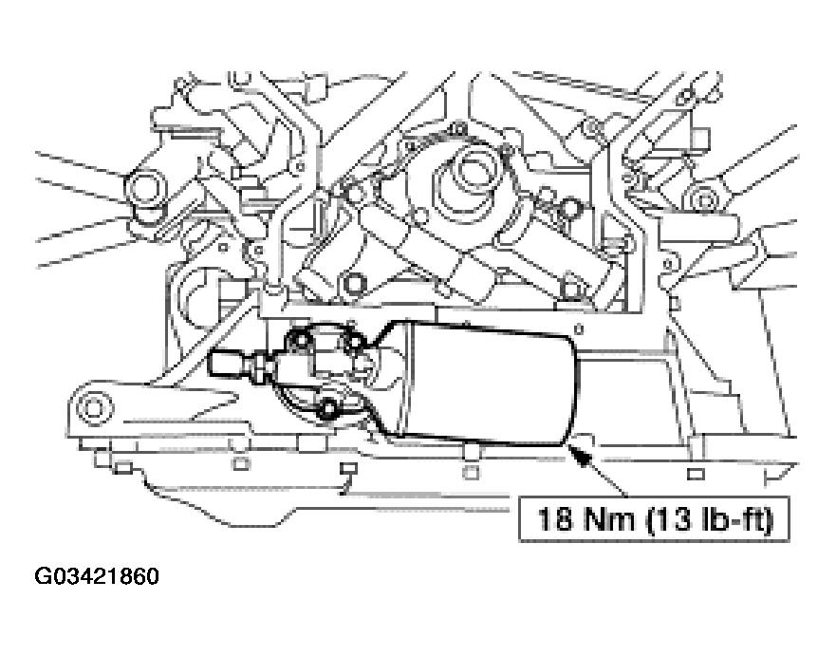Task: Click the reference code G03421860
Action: pos(97,576)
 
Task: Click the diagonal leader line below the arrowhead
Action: pos(608,478)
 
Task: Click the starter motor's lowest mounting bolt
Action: pos(328,408)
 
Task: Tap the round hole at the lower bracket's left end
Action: pos(96,408)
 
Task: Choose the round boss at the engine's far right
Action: pos(704,200)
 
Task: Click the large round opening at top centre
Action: pos(468,172)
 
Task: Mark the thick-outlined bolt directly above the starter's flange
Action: pos(353,283)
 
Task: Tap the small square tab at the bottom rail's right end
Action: pos(696,474)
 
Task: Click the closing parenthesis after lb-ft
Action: pos(769,519)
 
